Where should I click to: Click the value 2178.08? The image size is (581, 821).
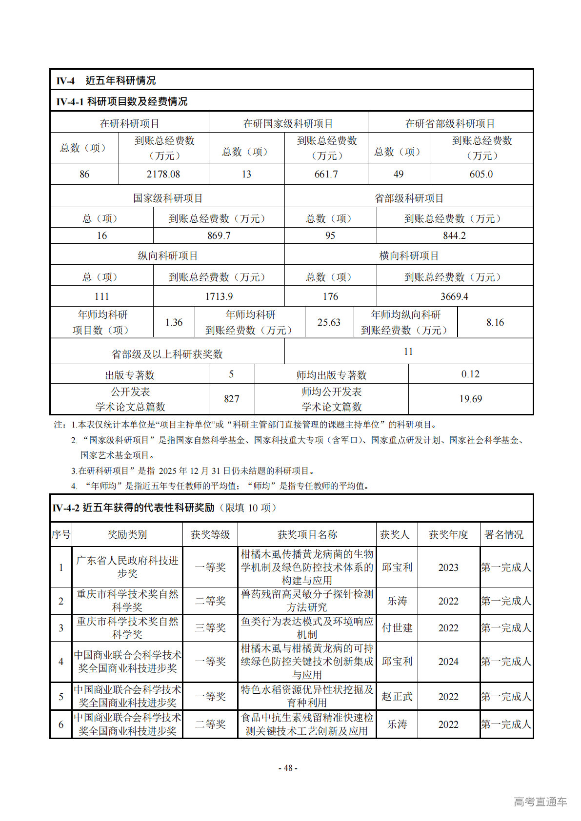pyautogui.click(x=163, y=174)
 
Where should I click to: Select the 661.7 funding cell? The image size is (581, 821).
pyautogui.click(x=326, y=174)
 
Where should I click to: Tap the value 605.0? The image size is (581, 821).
pyautogui.click(x=481, y=174)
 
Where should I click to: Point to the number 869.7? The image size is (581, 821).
pyautogui.click(x=219, y=235)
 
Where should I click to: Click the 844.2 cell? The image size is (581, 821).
pyautogui.click(x=454, y=235)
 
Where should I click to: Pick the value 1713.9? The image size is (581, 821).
pyautogui.click(x=219, y=296)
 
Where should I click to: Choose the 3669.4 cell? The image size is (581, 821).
pyautogui.click(x=454, y=296)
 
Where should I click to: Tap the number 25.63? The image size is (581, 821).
pyautogui.click(x=329, y=322)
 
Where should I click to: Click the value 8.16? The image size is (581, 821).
pyautogui.click(x=495, y=322)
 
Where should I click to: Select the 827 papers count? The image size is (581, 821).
pyautogui.click(x=232, y=399)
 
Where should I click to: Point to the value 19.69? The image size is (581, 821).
pyautogui.click(x=471, y=399)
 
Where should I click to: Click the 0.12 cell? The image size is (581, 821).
pyautogui.click(x=471, y=374)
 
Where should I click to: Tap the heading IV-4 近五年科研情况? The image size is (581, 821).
pyautogui.click(x=106, y=80)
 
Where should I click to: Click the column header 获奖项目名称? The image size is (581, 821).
pyautogui.click(x=307, y=535)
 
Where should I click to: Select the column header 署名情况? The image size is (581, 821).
pyautogui.click(x=504, y=535)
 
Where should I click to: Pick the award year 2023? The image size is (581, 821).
pyautogui.click(x=448, y=567)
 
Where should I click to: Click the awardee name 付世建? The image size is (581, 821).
pyautogui.click(x=397, y=628)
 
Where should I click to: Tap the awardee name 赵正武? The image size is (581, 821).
pyautogui.click(x=397, y=697)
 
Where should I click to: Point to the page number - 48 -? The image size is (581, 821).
pyautogui.click(x=288, y=768)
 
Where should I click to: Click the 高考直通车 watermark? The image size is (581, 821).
pyautogui.click(x=541, y=801)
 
